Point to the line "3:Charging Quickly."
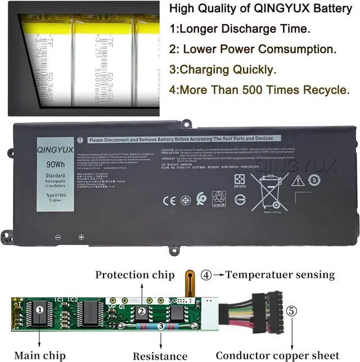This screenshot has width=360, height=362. tap(223, 70)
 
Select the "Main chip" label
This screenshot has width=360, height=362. tap(40, 355)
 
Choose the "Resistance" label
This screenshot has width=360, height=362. tap(160, 356)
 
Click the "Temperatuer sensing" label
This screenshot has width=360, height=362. tap(280, 275)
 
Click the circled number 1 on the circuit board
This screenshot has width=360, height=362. tap(40, 310)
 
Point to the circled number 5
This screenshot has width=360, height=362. tap(290, 310)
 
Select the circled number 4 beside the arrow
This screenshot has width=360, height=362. tap(206, 275)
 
